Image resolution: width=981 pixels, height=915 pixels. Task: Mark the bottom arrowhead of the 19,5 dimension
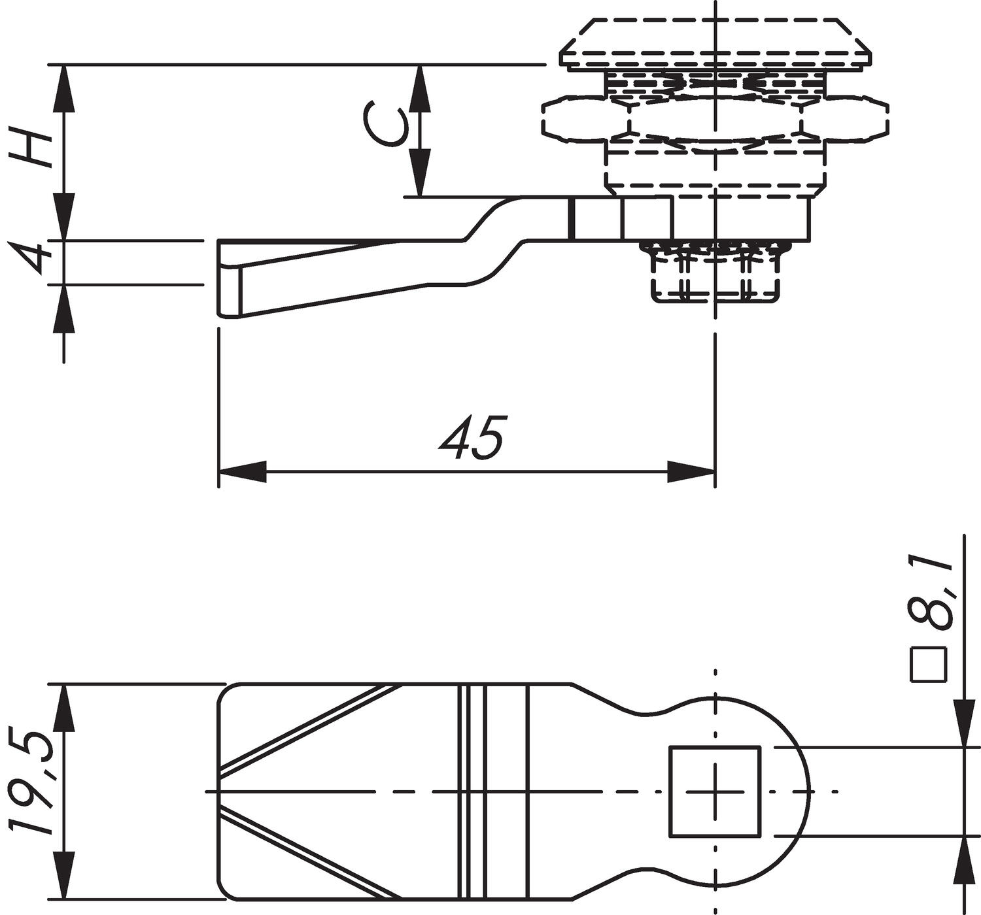(x=63, y=876)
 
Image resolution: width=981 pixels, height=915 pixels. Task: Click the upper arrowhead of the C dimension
(x=420, y=88)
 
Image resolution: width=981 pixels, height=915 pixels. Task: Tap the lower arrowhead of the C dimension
(x=420, y=173)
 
